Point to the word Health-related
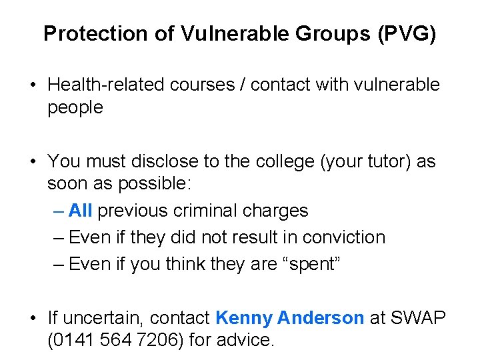click(x=109, y=85)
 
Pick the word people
click(x=75, y=107)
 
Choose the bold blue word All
click(x=80, y=211)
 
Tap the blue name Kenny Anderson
click(x=290, y=318)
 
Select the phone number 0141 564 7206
click(x=115, y=340)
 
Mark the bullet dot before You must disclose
click(x=32, y=162)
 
